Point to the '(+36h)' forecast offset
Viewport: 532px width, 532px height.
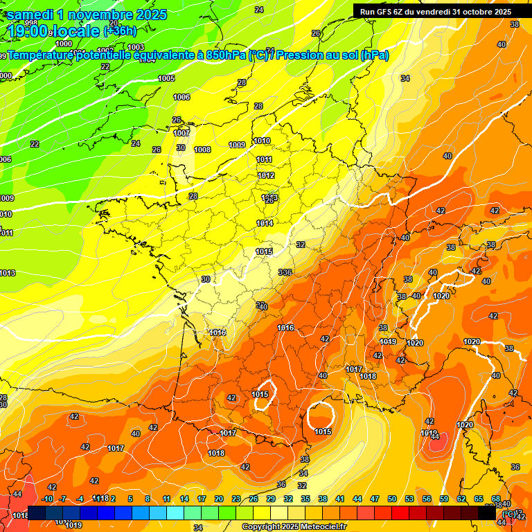(x=120, y=31)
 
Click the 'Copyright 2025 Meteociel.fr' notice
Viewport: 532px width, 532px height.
(x=294, y=527)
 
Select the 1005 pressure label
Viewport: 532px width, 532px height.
(x=166, y=78)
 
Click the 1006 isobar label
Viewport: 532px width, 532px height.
(x=181, y=97)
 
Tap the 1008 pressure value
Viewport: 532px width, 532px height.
(x=202, y=150)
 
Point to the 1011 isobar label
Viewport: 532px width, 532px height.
(x=265, y=159)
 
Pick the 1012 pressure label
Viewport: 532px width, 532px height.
(x=267, y=176)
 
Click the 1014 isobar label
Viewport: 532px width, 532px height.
(x=264, y=223)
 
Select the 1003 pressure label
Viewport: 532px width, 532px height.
(x=136, y=47)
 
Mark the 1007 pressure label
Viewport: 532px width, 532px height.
(x=181, y=133)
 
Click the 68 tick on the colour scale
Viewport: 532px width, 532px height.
(x=496, y=499)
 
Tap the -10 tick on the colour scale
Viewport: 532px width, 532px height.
(x=47, y=499)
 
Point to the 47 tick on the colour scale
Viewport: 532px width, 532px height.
(x=375, y=499)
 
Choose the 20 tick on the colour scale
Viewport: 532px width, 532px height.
(x=219, y=499)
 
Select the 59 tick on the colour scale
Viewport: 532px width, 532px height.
(x=444, y=499)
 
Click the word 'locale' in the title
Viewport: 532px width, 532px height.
(x=76, y=31)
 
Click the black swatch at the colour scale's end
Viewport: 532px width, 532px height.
(x=487, y=513)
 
